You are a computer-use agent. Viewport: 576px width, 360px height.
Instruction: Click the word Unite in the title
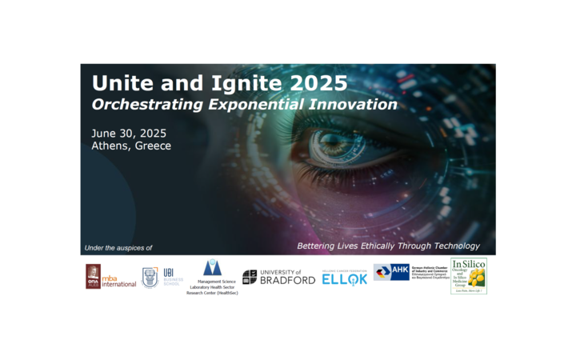(117, 83)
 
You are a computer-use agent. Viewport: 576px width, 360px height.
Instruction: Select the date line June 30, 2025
(129, 133)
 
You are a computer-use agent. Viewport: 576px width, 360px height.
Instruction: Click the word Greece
(153, 146)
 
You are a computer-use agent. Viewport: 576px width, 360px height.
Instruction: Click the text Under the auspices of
(118, 247)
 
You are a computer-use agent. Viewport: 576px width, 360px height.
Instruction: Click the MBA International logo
(111, 276)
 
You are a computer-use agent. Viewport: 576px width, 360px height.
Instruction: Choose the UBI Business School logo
(162, 277)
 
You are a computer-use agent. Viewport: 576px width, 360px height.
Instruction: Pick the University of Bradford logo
(278, 277)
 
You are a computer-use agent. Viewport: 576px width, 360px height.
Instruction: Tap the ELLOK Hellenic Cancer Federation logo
(345, 278)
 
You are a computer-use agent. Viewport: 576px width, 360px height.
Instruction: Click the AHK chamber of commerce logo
(408, 273)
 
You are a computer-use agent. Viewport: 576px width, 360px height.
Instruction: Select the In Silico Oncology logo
(468, 274)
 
